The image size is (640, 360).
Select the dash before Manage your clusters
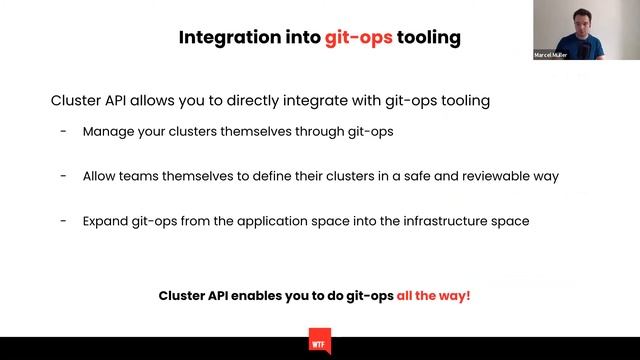(x=64, y=132)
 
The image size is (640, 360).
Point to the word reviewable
(x=495, y=176)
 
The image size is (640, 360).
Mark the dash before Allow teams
(x=64, y=176)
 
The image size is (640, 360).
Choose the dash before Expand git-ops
(x=64, y=220)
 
